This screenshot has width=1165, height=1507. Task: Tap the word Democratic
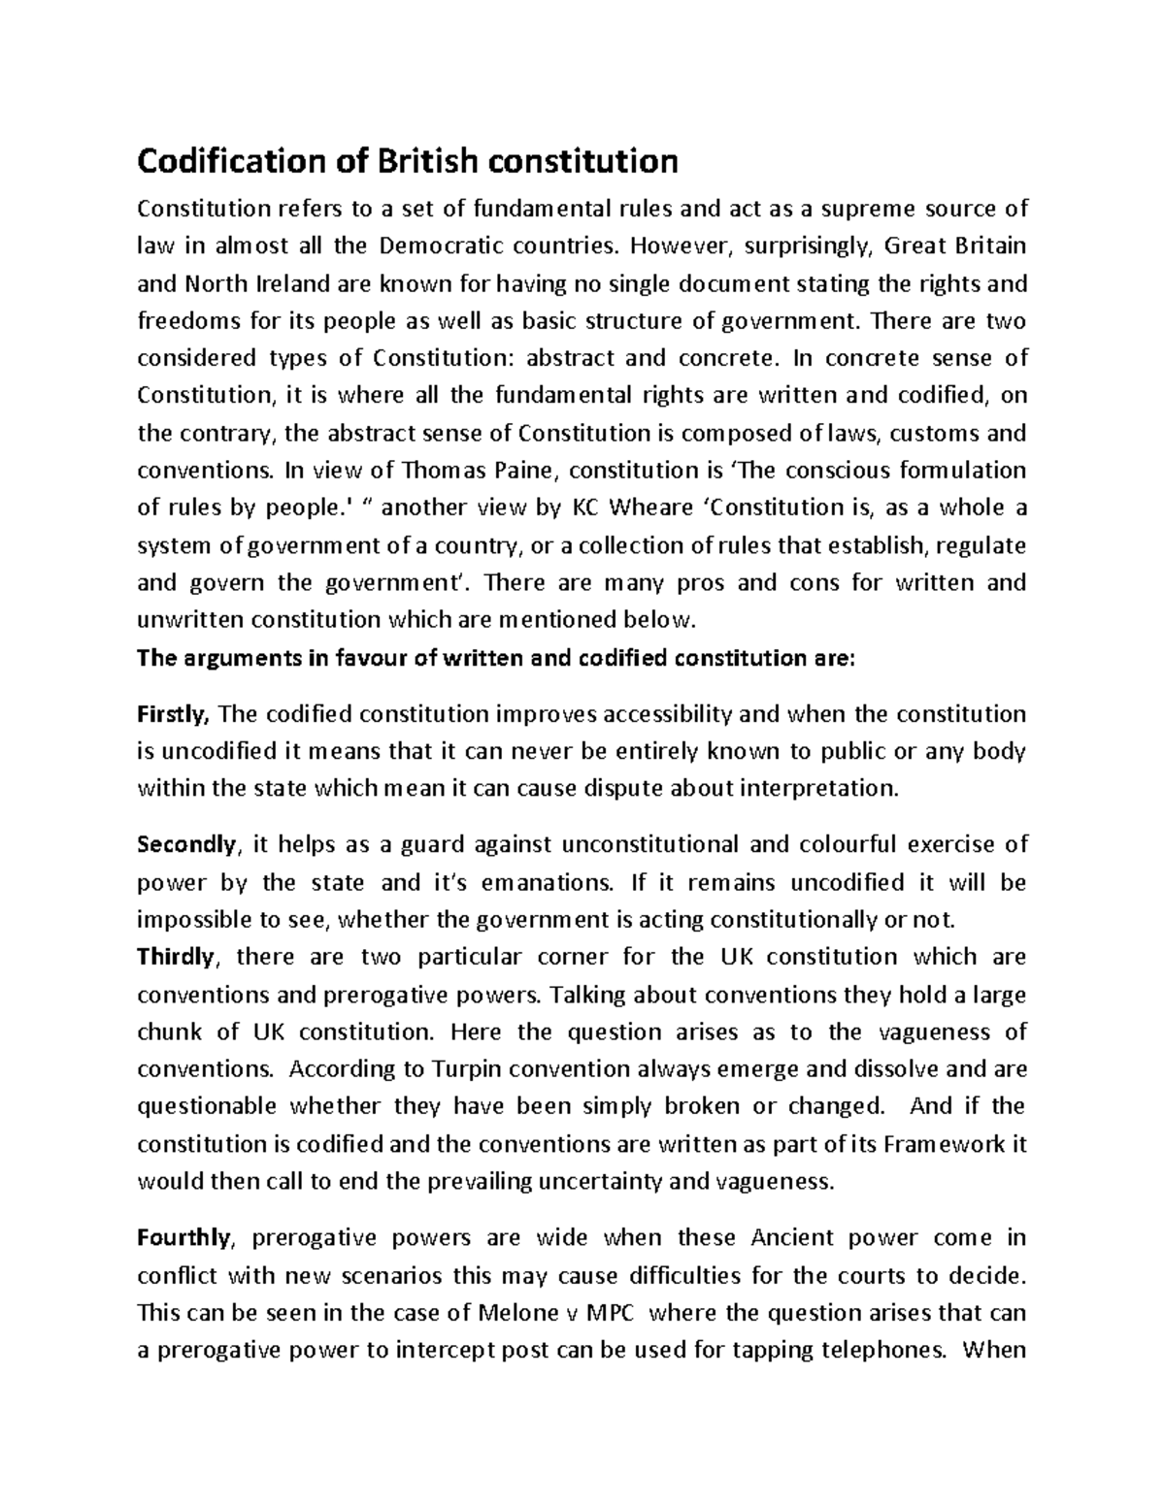point(443,246)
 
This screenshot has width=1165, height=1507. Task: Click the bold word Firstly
point(174,714)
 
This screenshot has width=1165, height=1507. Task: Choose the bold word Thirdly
point(176,957)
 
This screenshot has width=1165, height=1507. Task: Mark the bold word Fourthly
point(184,1237)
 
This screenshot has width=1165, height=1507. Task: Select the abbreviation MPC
point(610,1313)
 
